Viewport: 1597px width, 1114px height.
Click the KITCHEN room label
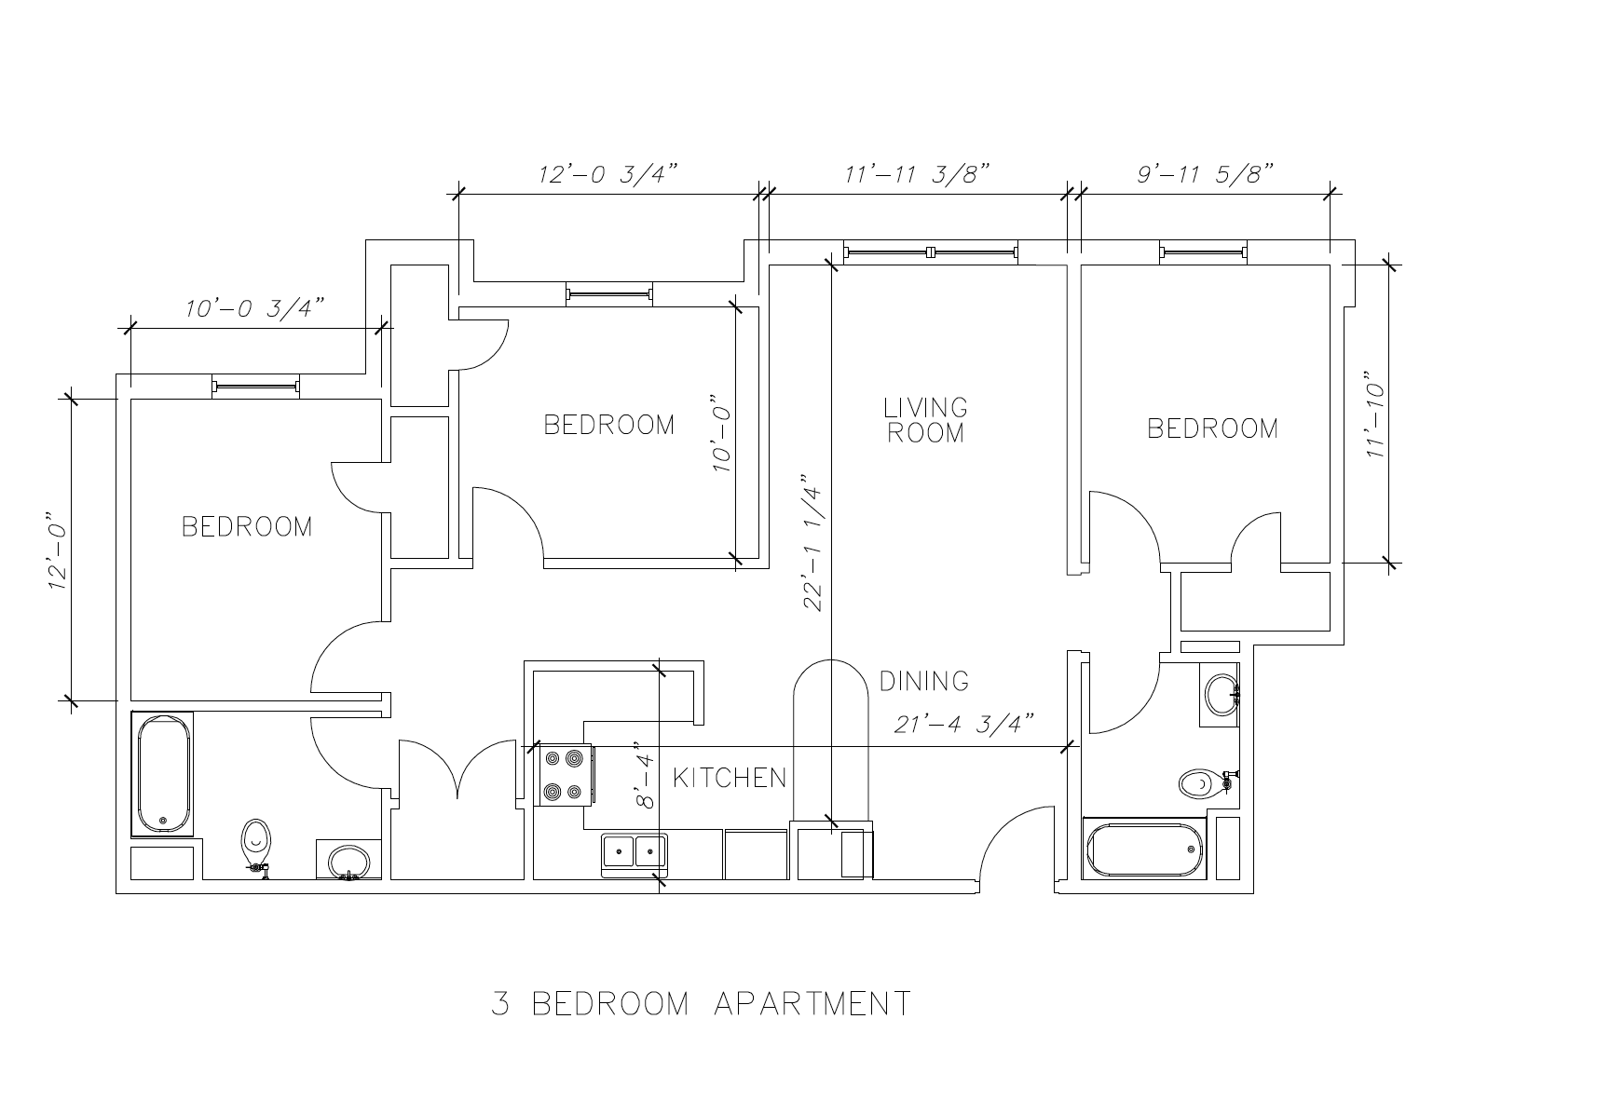730,778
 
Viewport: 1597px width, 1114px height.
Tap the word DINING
924,682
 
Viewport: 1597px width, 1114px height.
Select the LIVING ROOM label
925,420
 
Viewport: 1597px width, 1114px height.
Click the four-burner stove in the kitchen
565,775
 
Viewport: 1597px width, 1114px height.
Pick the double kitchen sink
635,854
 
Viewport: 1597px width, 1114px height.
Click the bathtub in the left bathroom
163,774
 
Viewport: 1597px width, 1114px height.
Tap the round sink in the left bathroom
348,862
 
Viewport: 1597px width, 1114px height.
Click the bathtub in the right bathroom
1144,849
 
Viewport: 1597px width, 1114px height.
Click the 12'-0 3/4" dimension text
607,174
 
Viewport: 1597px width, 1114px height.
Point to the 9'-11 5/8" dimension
1204,173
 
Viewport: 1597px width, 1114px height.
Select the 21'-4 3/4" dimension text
964,724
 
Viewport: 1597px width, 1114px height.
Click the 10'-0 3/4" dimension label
254,308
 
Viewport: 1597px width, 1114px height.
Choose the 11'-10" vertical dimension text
1374,414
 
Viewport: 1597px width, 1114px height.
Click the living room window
931,251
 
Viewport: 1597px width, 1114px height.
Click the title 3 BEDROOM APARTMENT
702,1003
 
